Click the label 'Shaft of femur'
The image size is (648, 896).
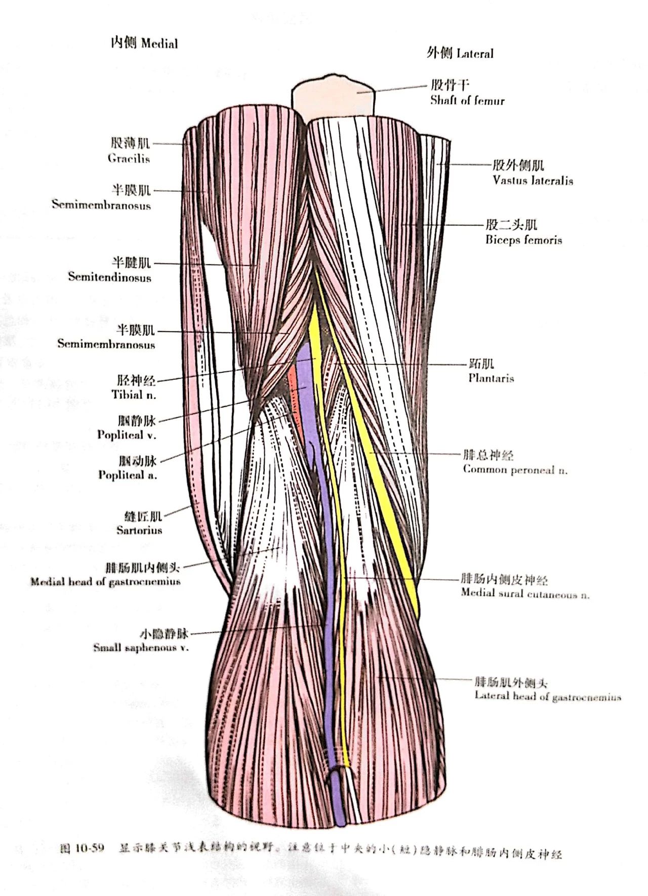pyautogui.click(x=467, y=100)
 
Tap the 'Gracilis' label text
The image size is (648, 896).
pyautogui.click(x=129, y=158)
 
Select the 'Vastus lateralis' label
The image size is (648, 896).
pyautogui.click(x=533, y=180)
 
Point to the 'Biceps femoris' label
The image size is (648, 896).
pyautogui.click(x=523, y=240)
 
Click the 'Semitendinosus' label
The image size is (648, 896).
pyautogui.click(x=109, y=277)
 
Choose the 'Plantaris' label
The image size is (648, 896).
pyautogui.click(x=491, y=378)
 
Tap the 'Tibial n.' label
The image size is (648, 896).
pyautogui.click(x=134, y=395)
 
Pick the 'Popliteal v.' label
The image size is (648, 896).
pyautogui.click(x=127, y=435)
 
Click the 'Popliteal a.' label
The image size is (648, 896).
pyautogui.click(x=128, y=475)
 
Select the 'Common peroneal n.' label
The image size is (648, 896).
pyautogui.click(x=515, y=470)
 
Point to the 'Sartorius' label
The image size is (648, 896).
pyautogui.click(x=139, y=530)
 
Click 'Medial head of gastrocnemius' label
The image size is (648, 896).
pyautogui.click(x=105, y=582)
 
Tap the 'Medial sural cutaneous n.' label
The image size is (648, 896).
pyautogui.click(x=524, y=593)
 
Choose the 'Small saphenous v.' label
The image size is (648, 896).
pyautogui.click(x=140, y=648)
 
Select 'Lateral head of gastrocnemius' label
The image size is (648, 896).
pyautogui.click(x=547, y=696)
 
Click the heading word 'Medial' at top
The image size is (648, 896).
pyautogui.click(x=159, y=44)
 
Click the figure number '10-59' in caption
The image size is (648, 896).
pyautogui.click(x=89, y=848)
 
